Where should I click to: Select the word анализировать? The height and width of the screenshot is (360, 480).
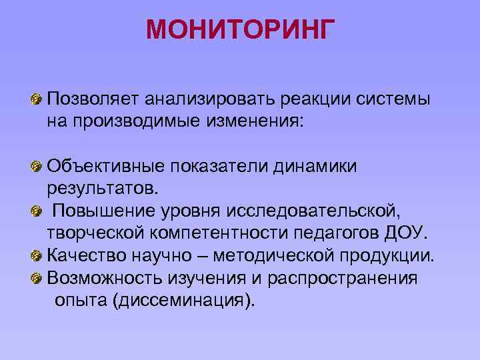[204, 99]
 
